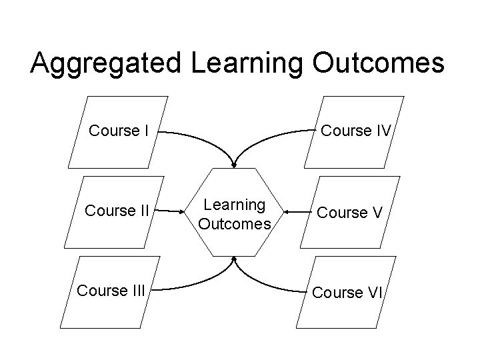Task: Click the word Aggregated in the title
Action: point(106,64)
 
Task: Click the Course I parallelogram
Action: point(118,131)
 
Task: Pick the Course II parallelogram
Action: point(117,212)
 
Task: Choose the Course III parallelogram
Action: point(111,291)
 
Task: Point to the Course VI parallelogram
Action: point(347,293)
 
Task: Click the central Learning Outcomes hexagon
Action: point(234,213)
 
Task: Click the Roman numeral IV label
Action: point(381,131)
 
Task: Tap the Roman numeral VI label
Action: point(374,293)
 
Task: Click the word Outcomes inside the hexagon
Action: point(235,223)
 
